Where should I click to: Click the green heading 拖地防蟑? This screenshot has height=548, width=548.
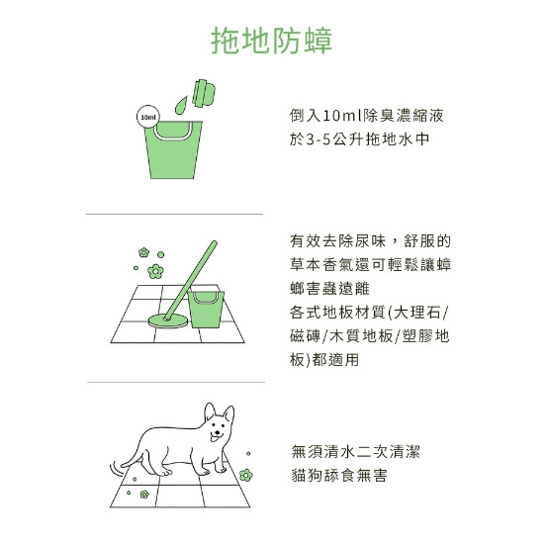(x=272, y=41)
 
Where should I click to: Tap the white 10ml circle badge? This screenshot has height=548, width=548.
(x=148, y=118)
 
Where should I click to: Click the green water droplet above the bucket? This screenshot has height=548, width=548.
(x=181, y=105)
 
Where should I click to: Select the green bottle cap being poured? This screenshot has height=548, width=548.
(x=204, y=93)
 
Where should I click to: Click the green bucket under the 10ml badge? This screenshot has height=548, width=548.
(x=173, y=149)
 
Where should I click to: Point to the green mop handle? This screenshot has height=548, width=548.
(x=191, y=280)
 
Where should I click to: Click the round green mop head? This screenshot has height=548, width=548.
(x=168, y=320)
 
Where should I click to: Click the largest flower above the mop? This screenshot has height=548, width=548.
(x=155, y=272)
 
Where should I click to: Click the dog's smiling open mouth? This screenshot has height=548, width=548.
(x=216, y=436)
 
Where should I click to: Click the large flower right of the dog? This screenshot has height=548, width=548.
(x=246, y=475)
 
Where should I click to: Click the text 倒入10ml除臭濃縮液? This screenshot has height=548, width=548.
(x=366, y=116)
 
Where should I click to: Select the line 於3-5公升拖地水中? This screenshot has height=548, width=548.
(x=359, y=139)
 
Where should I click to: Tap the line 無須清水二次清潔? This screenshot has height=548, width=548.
(x=356, y=451)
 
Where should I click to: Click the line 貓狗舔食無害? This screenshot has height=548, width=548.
(x=339, y=475)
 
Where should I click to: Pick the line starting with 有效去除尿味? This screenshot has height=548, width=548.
(x=371, y=241)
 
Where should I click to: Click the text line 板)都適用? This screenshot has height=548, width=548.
(x=324, y=360)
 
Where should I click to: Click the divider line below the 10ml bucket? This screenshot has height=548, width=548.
(x=174, y=214)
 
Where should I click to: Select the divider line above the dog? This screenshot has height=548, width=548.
(x=176, y=382)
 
